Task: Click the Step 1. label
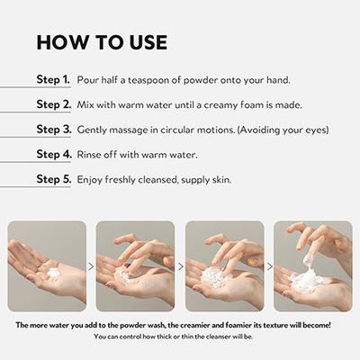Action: click(x=53, y=80)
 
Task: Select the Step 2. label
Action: click(x=53, y=104)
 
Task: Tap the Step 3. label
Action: click(x=53, y=130)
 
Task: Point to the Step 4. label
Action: click(x=53, y=154)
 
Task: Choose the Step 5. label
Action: click(x=53, y=179)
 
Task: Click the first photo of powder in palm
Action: click(x=47, y=265)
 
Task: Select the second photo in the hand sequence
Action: click(x=135, y=265)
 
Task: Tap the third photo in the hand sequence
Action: click(x=224, y=265)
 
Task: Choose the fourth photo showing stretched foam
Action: click(x=312, y=265)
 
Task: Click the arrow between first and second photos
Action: click(x=91, y=266)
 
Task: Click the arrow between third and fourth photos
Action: click(x=268, y=266)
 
